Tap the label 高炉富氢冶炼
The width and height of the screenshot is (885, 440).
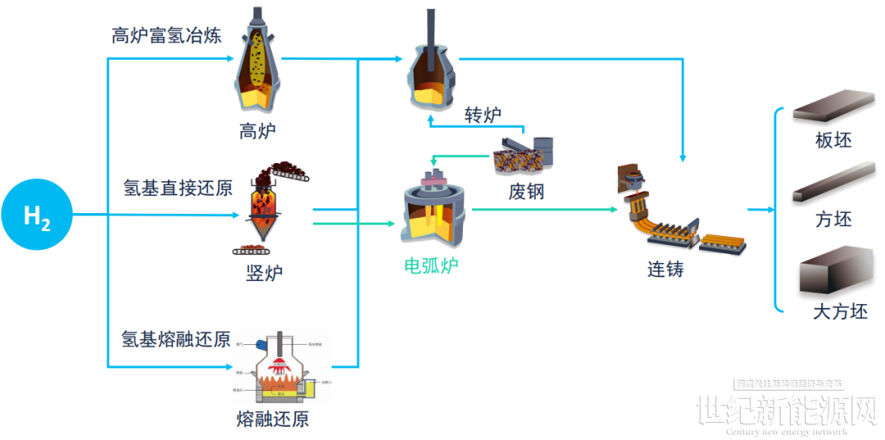[x=166, y=36]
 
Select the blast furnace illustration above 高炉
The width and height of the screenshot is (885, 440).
[x=257, y=61]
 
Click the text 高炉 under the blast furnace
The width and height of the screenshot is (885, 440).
[x=257, y=130]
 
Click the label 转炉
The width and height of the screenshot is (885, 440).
[x=483, y=114]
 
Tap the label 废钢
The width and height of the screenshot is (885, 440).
[x=525, y=192]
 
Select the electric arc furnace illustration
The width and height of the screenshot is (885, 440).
[x=432, y=208]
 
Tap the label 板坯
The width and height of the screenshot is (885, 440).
[x=833, y=140]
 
